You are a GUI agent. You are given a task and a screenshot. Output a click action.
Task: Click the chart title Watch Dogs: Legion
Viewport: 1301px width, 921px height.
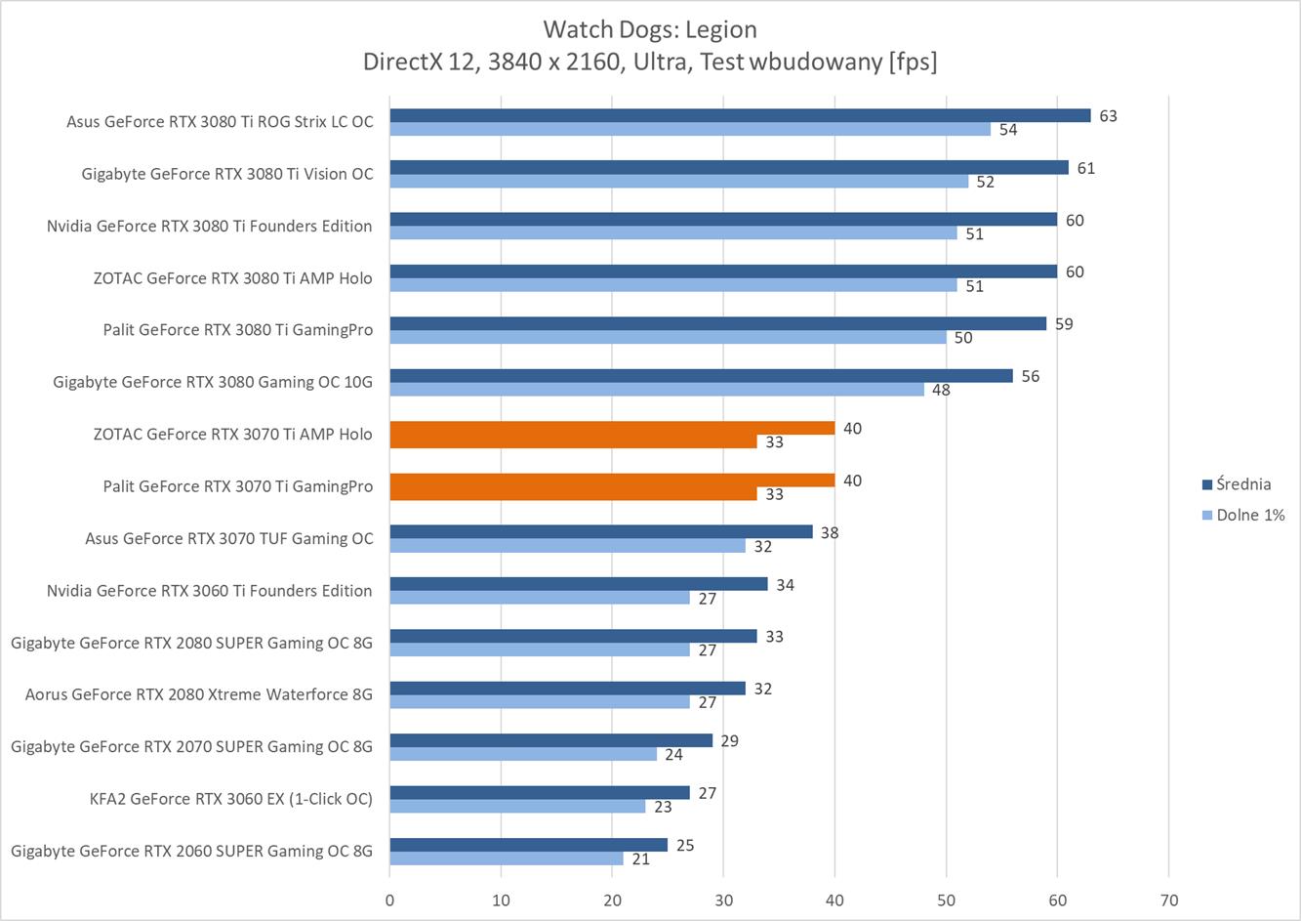[x=649, y=29]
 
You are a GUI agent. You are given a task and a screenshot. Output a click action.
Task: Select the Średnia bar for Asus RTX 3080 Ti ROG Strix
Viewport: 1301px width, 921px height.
[x=740, y=115]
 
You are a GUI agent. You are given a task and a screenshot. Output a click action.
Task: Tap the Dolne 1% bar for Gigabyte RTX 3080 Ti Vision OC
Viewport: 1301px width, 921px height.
[x=678, y=182]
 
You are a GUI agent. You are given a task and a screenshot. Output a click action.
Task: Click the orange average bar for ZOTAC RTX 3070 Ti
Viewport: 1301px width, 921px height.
[x=612, y=428]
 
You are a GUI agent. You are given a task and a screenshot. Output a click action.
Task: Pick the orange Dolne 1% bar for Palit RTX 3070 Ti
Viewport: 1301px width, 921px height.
[x=572, y=494]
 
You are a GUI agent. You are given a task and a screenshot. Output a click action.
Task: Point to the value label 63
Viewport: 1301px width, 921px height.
[x=1108, y=116]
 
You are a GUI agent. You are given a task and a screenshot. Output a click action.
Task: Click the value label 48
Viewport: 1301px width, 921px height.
[x=941, y=390]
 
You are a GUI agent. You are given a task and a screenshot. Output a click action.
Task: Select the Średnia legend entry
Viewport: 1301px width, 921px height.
[x=1242, y=484]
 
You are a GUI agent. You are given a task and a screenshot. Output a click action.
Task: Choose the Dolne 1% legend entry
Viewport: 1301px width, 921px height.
[x=1249, y=515]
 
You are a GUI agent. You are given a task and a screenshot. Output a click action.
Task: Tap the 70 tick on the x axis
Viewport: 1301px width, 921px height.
[x=1168, y=900]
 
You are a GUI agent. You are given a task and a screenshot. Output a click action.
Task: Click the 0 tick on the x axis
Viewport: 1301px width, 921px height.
[x=389, y=900]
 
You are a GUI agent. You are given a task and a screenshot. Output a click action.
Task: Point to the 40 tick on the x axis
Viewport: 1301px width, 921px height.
[x=834, y=900]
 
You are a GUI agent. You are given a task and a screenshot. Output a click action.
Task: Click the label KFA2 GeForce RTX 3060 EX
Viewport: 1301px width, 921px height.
[x=230, y=799]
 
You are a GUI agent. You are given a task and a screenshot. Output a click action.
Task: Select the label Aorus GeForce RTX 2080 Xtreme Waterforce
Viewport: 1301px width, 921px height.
[x=199, y=694]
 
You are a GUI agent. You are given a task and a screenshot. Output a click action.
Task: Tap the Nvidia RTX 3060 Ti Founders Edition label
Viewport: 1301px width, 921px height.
[x=209, y=591]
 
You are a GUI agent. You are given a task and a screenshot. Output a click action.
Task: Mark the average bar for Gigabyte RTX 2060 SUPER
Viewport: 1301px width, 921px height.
[x=528, y=845]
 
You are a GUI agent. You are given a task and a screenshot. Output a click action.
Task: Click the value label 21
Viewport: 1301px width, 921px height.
[x=641, y=858]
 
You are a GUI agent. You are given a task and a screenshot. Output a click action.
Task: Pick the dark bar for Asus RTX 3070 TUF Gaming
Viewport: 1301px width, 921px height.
[x=601, y=532]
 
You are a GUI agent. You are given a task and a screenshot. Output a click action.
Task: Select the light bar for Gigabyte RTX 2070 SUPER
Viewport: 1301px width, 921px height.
[x=523, y=754]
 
